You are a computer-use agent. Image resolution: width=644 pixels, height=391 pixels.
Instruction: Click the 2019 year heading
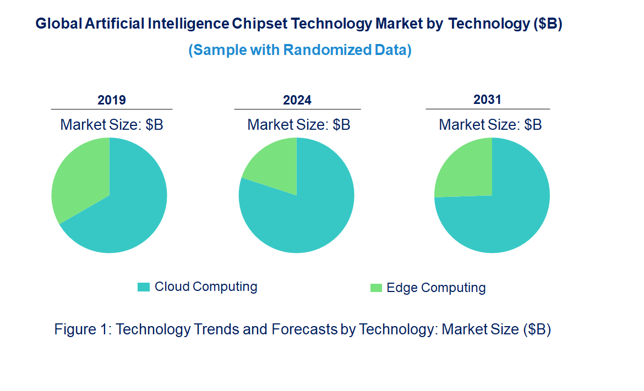(112, 100)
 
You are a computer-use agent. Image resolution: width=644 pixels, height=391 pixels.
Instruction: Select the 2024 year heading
(297, 100)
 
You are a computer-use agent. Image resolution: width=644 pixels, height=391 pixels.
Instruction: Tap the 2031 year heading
(488, 100)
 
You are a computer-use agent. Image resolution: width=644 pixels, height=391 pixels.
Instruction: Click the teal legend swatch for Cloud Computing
(144, 287)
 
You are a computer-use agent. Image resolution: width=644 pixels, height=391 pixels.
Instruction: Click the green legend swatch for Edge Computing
(376, 288)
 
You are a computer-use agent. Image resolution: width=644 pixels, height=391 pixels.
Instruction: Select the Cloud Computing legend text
(206, 287)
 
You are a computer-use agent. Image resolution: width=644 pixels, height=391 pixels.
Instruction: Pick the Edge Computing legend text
(436, 288)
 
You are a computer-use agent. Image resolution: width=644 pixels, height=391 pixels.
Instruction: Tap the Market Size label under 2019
(112, 125)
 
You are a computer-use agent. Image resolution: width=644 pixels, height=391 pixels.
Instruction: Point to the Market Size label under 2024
(299, 125)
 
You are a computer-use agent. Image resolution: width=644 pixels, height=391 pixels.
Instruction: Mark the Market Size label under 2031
(490, 125)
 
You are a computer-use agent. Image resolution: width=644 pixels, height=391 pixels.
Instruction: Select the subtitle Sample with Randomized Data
(300, 50)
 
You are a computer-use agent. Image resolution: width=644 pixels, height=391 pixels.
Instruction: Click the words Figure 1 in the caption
(83, 329)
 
